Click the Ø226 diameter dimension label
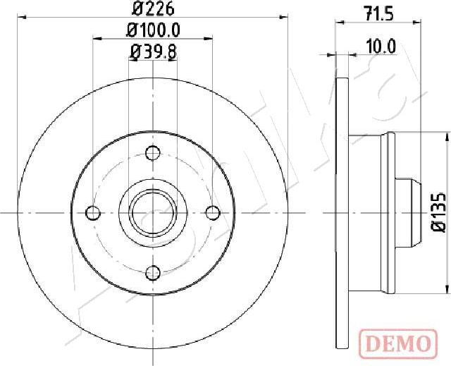point(153,9)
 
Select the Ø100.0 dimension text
point(153,30)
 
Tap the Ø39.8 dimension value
point(153,51)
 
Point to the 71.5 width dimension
point(378,14)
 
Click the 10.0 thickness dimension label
point(381,47)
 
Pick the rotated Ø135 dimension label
point(438,212)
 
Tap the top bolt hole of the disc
point(153,153)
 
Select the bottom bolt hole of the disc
point(153,272)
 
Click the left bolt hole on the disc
point(93,213)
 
